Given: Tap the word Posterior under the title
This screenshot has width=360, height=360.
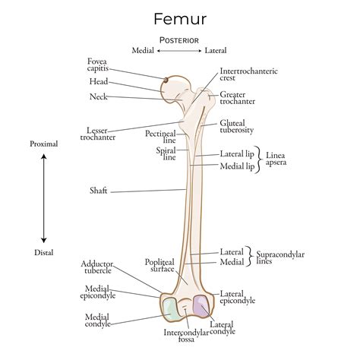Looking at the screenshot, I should pyautogui.click(x=179, y=39).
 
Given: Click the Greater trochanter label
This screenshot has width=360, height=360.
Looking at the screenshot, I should pyautogui.click(x=238, y=97).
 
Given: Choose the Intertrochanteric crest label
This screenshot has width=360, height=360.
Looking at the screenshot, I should pyautogui.click(x=248, y=74).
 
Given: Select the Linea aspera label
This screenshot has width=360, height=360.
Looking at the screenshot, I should pyautogui.click(x=279, y=159).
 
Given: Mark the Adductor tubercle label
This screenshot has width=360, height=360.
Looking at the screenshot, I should pyautogui.click(x=97, y=268).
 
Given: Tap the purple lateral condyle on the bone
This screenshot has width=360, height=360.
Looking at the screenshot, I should pyautogui.click(x=201, y=306).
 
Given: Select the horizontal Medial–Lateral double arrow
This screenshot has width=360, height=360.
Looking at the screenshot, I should pyautogui.click(x=179, y=51).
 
